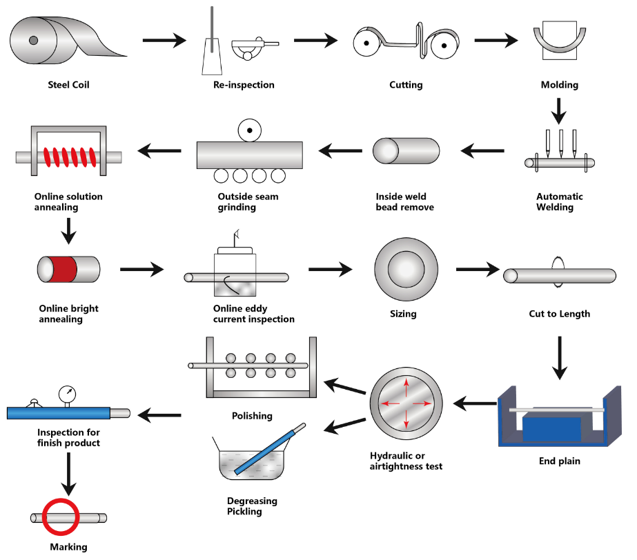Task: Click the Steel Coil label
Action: (x=69, y=86)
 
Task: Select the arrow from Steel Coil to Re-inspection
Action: (x=164, y=41)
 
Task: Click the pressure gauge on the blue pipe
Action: (x=68, y=394)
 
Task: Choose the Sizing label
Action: (x=403, y=314)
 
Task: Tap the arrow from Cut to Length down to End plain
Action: (x=559, y=357)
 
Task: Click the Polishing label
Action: (x=253, y=416)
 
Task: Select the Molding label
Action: (x=559, y=86)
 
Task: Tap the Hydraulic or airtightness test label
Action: (x=406, y=461)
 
